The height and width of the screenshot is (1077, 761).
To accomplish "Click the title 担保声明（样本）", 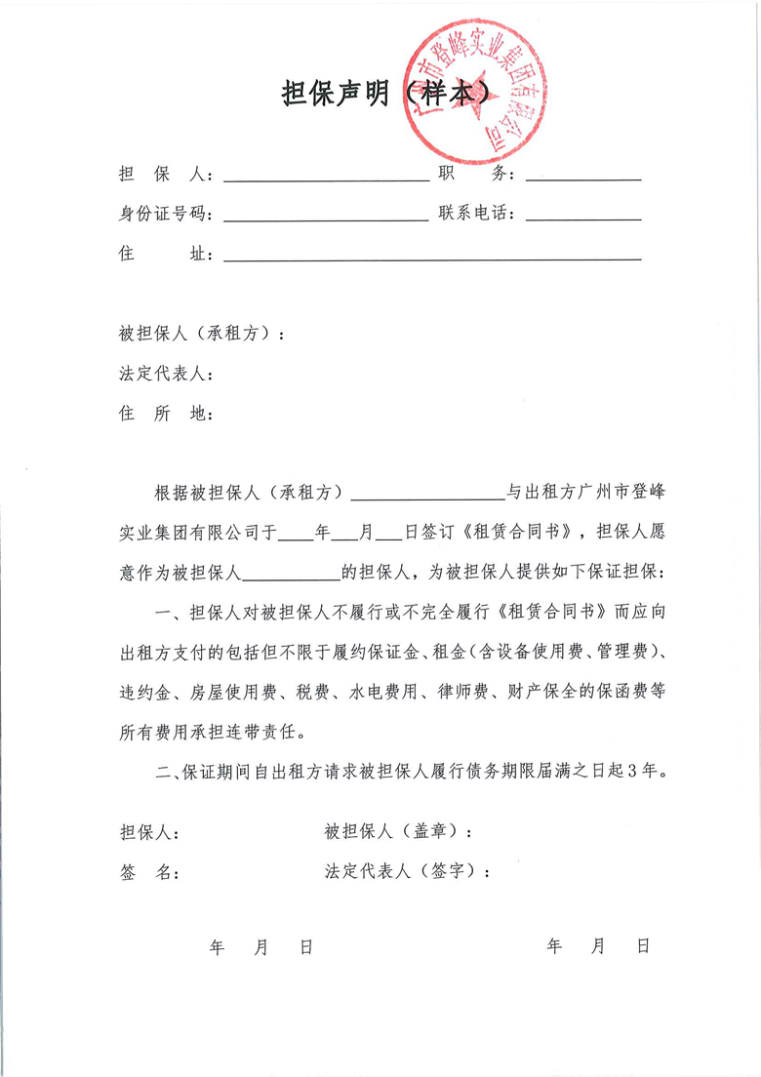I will pos(384,95).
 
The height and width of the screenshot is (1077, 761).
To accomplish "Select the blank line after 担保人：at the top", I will pos(326,179).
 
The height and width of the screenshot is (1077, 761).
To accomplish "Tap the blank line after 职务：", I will pos(582,179).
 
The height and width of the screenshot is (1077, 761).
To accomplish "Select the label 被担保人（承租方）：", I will pos(202,334).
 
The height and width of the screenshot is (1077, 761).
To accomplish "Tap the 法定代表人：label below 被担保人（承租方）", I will pos(165,374).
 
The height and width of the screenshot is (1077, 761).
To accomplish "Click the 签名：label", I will pos(148,873).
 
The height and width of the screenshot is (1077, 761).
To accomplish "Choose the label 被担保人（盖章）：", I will pos(399,833).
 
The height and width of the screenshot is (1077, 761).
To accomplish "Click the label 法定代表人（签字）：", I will pos(408,873).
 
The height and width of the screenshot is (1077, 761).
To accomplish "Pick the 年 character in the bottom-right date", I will pos(555,946).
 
